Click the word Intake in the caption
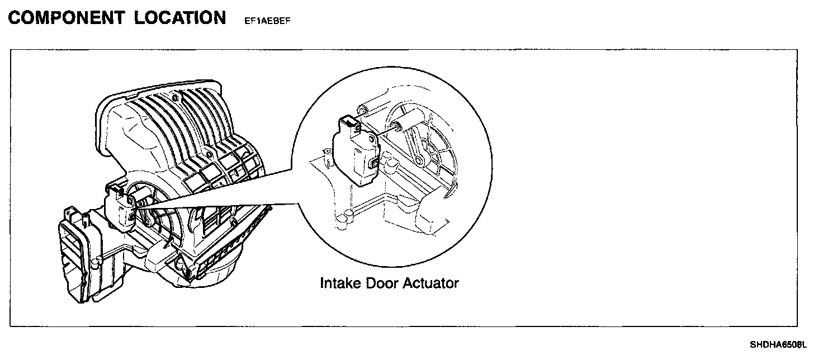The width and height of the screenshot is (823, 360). click(340, 283)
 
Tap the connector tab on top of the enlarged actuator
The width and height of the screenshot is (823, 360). click(348, 121)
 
